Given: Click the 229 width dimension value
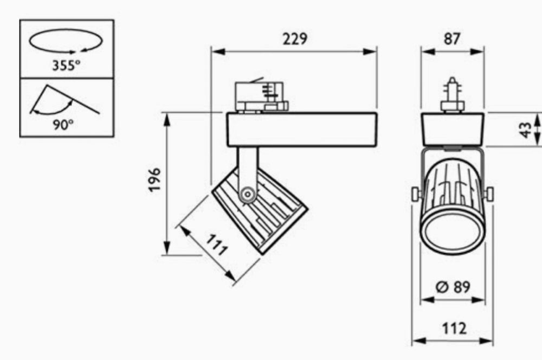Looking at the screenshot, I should click(294, 40).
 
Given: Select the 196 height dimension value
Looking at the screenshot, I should click(155, 179).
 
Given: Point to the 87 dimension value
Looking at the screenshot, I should click(452, 39).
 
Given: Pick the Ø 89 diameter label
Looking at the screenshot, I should click(453, 287).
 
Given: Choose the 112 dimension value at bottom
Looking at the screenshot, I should click(453, 328).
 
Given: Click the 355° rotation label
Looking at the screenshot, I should click(66, 66).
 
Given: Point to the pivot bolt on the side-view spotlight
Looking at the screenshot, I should click(249, 194).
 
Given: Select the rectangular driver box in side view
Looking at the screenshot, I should click(301, 130).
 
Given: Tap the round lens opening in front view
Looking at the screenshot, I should click(452, 229).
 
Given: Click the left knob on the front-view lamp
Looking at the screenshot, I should click(416, 194).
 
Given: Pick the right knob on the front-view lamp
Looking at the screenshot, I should click(489, 194).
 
